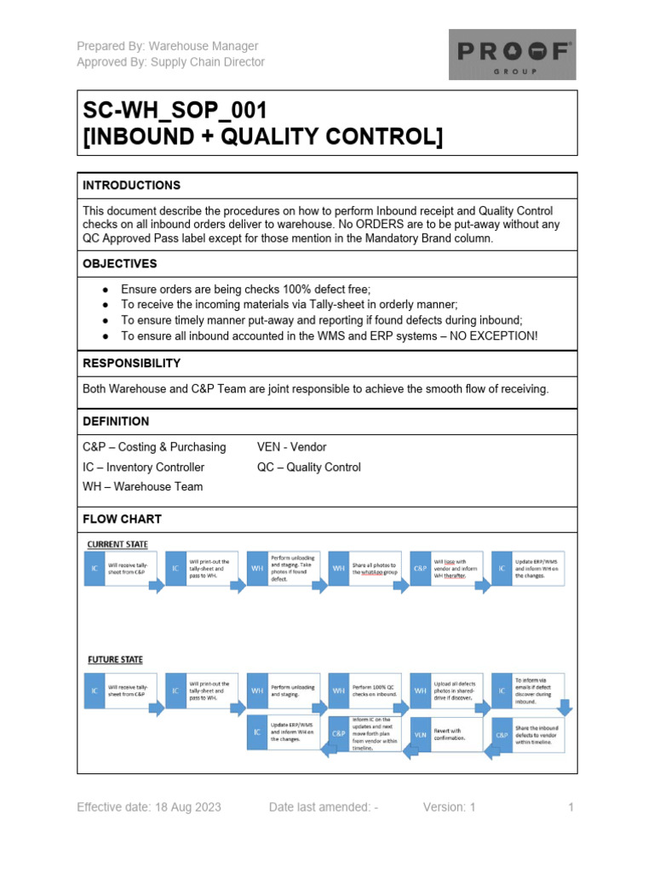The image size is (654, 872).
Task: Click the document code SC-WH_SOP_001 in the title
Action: tap(175, 112)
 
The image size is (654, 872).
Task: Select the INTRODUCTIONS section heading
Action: tap(131, 185)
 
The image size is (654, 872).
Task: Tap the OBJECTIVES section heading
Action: tap(120, 264)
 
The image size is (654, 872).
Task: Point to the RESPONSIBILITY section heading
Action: tap(131, 363)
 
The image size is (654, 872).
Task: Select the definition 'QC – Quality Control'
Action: tap(308, 467)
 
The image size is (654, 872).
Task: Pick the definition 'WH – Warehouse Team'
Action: tap(142, 486)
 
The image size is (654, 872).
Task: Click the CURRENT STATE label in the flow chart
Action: tap(118, 543)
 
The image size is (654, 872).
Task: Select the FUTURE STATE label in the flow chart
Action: tap(115, 659)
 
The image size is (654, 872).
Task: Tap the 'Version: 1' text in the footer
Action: tap(450, 807)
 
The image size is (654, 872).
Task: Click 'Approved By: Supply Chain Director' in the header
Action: tap(170, 62)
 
